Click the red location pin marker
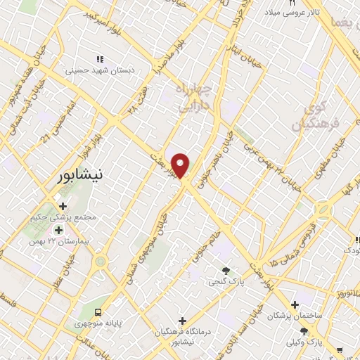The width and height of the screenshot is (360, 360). click(181, 165)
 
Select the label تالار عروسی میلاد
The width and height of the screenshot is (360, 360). click(298, 13)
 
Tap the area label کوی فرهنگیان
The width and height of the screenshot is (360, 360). click(323, 116)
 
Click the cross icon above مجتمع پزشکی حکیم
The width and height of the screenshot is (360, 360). click(63, 206)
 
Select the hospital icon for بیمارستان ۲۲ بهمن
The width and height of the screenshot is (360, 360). click(58, 229)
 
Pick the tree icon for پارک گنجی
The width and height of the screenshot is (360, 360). click(226, 270)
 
